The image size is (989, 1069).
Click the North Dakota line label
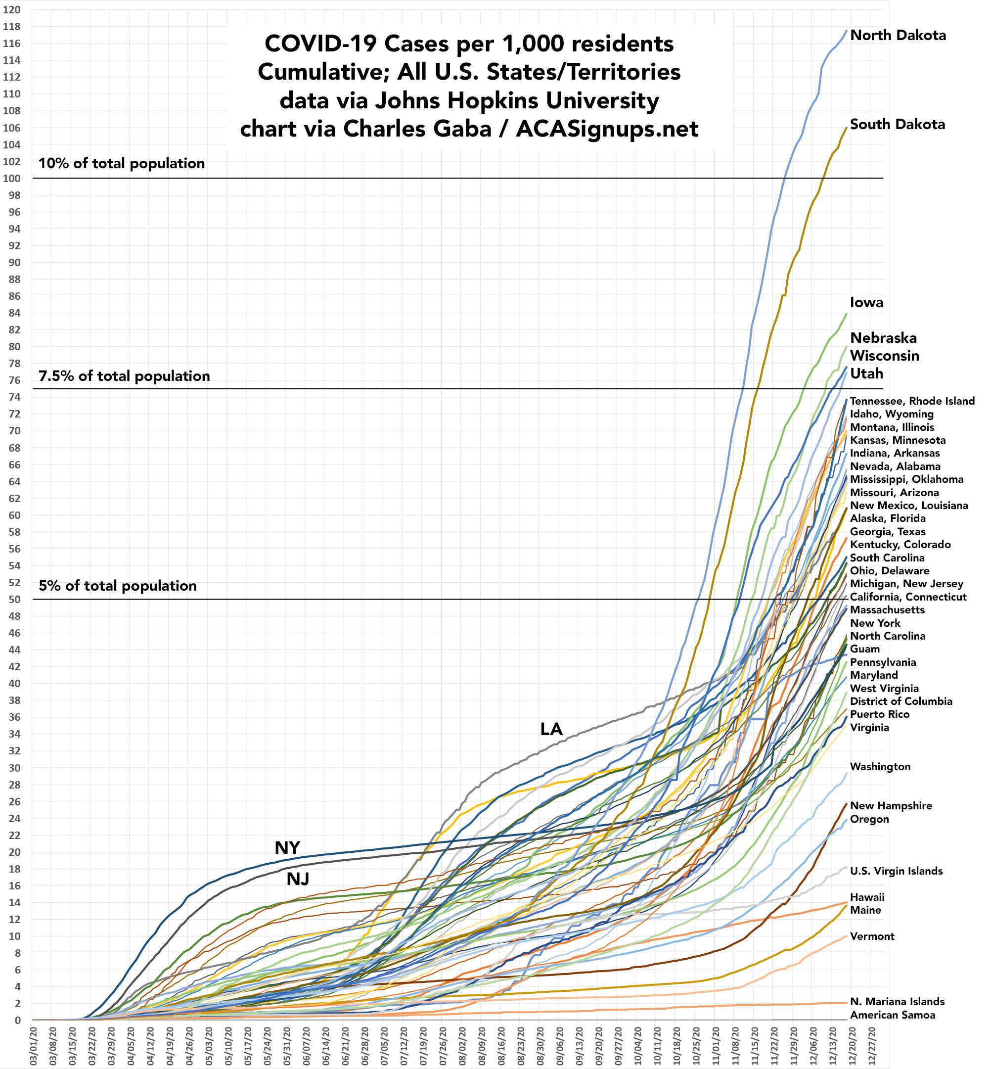coord(898,35)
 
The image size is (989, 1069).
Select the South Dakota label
coord(897,124)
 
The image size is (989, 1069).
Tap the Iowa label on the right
coord(866,302)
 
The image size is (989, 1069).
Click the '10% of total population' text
coord(122,163)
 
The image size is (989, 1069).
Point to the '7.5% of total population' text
coord(124,376)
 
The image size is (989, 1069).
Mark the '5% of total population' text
coord(118,586)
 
